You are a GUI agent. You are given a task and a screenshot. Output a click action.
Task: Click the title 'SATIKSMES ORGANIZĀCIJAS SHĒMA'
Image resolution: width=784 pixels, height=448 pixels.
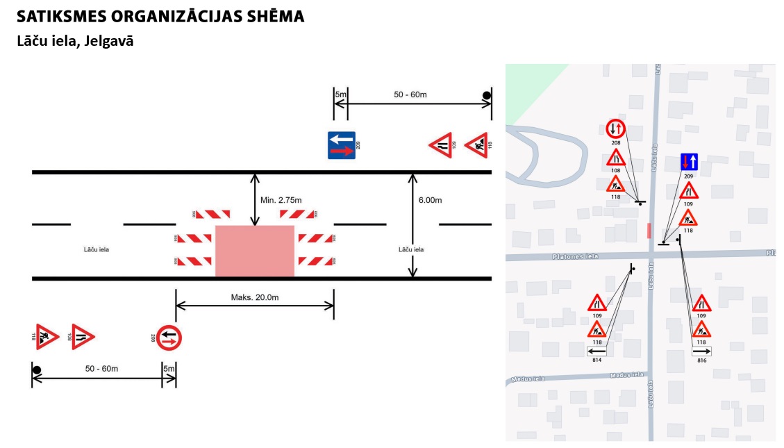point(160,16)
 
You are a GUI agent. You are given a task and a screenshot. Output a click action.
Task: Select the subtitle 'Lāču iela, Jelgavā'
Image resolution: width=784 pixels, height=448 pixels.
point(75,41)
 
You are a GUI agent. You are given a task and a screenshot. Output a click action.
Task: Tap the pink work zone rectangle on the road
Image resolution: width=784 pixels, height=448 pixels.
point(255,251)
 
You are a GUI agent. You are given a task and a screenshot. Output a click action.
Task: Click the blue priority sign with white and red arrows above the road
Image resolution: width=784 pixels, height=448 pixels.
point(342,145)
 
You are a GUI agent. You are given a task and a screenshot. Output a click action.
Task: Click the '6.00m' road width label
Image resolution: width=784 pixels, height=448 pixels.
point(430,200)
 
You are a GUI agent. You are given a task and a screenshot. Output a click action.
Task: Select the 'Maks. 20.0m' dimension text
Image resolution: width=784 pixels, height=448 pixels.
point(254,297)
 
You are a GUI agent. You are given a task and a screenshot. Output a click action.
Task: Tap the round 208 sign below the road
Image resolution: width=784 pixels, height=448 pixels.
point(168,338)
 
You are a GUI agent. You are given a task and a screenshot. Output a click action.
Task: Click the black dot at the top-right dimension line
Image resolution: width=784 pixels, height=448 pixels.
point(487,96)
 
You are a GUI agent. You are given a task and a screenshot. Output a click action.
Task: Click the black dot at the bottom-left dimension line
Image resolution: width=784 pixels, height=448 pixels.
point(37,370)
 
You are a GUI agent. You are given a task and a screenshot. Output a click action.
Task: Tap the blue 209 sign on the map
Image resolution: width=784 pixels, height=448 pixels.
point(688,163)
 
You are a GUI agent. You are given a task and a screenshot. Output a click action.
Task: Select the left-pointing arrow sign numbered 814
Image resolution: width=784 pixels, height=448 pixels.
point(597,351)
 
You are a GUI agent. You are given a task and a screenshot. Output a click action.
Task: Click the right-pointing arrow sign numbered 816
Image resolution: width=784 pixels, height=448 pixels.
point(701,352)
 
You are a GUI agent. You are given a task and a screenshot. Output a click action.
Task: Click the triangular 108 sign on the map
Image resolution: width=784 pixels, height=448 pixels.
point(616,158)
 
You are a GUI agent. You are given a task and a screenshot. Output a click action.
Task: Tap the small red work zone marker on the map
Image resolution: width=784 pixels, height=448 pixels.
point(649,231)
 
